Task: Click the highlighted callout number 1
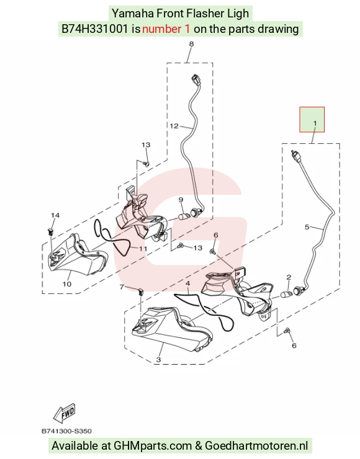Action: tap(315, 123)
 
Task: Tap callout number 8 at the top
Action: tap(191, 44)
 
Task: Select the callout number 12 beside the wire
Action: tap(174, 126)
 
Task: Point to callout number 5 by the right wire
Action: tap(307, 227)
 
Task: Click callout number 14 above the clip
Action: tap(55, 215)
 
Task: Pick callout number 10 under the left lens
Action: tap(67, 283)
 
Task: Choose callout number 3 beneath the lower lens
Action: tap(158, 360)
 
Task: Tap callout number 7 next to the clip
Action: tap(122, 287)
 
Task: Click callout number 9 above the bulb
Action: tap(181, 200)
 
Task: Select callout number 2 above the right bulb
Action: tap(289, 277)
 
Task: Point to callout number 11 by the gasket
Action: tap(143, 249)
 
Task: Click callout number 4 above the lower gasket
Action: tap(188, 283)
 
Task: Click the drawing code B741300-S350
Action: tap(66, 431)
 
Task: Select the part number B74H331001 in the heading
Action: tap(94, 29)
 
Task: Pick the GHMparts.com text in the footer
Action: tap(153, 446)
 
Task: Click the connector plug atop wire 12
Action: tap(197, 79)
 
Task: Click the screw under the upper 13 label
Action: tap(146, 164)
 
